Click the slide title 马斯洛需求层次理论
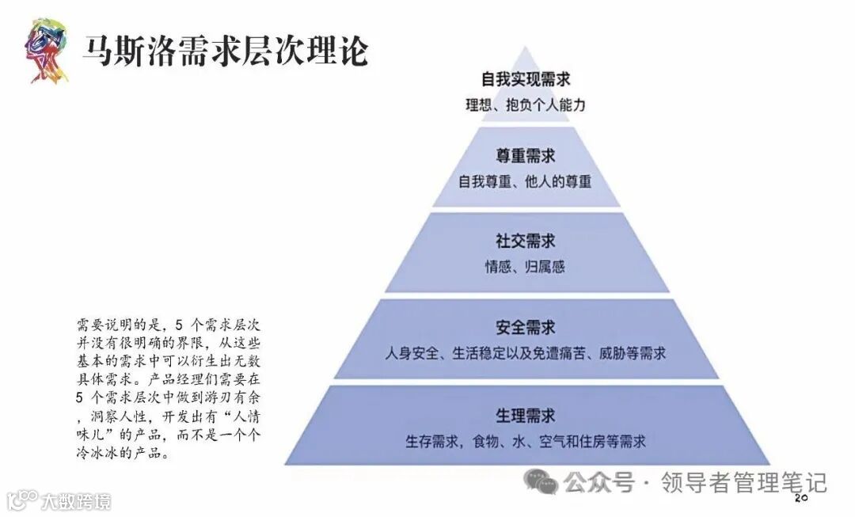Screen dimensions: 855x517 click(226, 51)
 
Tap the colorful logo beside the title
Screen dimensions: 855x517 click(44, 50)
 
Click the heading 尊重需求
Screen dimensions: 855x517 click(526, 156)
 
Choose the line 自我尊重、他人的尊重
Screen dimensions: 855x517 click(525, 181)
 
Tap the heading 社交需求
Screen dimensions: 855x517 click(526, 241)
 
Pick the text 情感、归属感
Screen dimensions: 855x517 click(525, 267)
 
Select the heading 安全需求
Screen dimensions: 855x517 click(526, 327)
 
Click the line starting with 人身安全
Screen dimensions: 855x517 click(526, 353)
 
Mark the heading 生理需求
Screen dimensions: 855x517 click(526, 415)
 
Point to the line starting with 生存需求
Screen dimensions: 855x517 click(526, 441)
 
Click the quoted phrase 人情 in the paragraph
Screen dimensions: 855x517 click(243, 420)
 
